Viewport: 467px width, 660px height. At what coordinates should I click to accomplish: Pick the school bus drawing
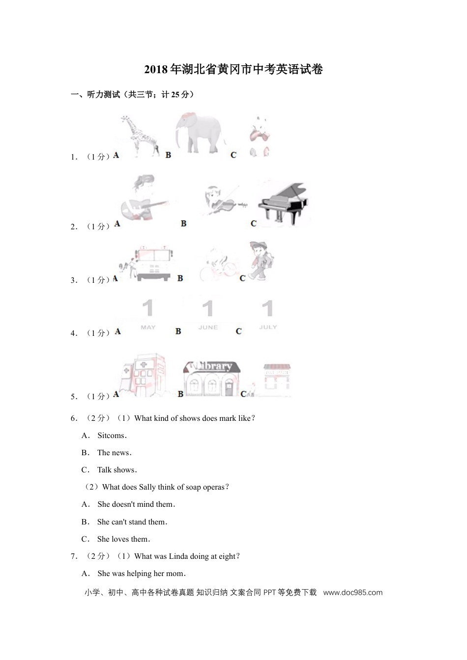pyautogui.click(x=154, y=263)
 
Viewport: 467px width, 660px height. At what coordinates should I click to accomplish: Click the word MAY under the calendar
pyautogui.click(x=148, y=327)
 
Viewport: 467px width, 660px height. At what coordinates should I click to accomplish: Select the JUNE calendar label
pyautogui.click(x=208, y=327)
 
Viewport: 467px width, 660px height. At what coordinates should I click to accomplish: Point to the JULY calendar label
pyautogui.click(x=268, y=327)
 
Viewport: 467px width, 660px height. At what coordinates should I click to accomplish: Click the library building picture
pyautogui.click(x=211, y=378)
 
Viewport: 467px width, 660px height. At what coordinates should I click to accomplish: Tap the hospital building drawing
pyautogui.click(x=142, y=376)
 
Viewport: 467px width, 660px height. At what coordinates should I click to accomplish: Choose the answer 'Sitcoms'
pyautogui.click(x=112, y=436)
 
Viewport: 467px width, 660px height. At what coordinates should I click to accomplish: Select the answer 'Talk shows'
pyautogui.click(x=117, y=470)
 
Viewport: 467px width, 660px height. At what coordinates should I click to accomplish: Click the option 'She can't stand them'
pyautogui.click(x=132, y=522)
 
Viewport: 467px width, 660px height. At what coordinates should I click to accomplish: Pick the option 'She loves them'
pyautogui.click(x=123, y=539)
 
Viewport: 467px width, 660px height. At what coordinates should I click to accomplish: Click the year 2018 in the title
pyautogui.click(x=156, y=70)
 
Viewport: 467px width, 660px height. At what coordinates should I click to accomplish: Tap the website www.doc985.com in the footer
pyautogui.click(x=352, y=592)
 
